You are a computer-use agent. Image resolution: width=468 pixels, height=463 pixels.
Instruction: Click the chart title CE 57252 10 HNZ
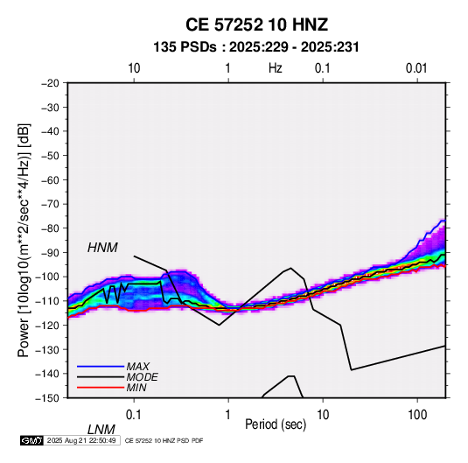point(256,25)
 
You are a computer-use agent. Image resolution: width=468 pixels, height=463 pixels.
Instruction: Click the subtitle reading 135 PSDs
point(185,47)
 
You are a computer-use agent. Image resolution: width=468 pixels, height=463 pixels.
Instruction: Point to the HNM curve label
point(102,248)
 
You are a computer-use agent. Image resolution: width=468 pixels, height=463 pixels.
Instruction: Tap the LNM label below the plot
point(101,430)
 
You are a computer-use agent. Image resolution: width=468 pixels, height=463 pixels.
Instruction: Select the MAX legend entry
point(137,366)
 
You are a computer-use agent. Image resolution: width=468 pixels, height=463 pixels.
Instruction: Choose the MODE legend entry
point(142,377)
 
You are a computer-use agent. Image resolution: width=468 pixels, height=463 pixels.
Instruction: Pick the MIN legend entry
point(136,388)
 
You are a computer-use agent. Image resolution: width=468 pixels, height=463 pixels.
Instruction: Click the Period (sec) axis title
point(276,424)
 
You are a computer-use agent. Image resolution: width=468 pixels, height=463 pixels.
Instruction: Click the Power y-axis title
point(24,240)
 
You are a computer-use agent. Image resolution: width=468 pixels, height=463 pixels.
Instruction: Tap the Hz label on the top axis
point(276,68)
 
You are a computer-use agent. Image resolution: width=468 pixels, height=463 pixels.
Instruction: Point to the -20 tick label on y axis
point(50,83)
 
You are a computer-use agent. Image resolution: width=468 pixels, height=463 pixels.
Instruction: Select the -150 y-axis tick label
point(47,398)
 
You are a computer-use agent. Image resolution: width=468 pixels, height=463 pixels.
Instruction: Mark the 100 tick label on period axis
point(417,415)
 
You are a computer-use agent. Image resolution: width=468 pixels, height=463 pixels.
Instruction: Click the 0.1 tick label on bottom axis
point(134,415)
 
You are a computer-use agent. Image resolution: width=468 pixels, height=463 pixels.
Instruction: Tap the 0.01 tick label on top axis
point(416,68)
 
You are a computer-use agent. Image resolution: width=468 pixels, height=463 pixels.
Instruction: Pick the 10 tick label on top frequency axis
point(134,68)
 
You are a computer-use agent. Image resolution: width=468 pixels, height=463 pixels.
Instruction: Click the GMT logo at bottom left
point(32,440)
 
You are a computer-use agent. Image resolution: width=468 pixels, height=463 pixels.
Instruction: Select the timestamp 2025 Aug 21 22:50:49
point(81,440)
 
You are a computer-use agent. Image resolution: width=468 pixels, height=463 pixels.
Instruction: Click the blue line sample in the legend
point(101,366)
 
